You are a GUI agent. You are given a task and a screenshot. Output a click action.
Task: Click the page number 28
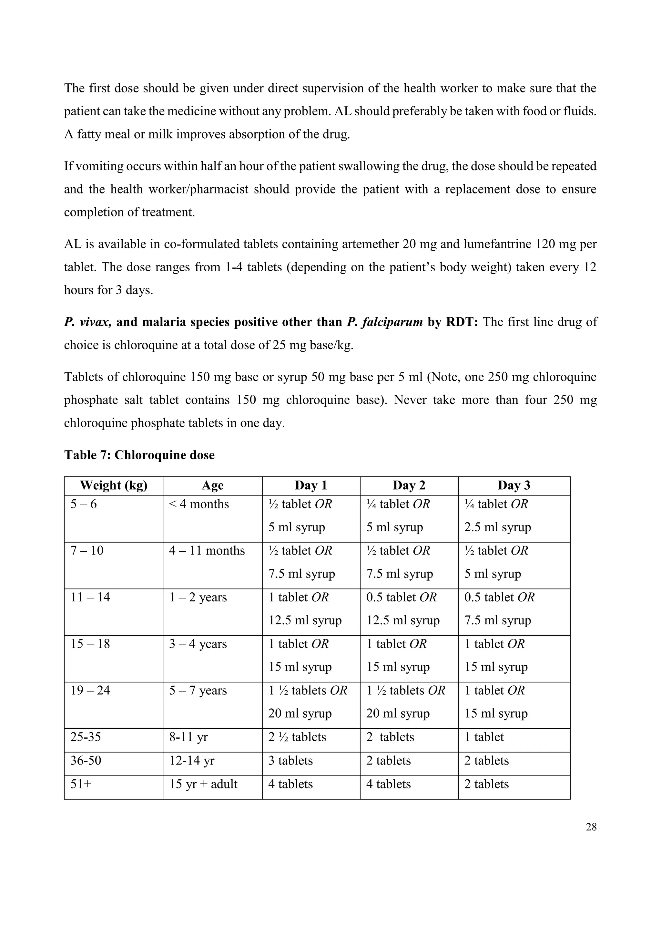pyautogui.click(x=591, y=827)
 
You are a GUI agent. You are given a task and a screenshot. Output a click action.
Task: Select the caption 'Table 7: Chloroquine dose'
pyautogui.click(x=139, y=455)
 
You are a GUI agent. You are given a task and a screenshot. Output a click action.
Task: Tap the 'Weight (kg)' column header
pyautogui.click(x=114, y=485)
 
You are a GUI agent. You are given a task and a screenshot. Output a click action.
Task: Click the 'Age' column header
pyautogui.click(x=213, y=485)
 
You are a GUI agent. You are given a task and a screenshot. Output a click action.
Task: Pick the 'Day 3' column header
pyautogui.click(x=514, y=485)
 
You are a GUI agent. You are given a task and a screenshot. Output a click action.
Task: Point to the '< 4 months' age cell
pyautogui.click(x=199, y=504)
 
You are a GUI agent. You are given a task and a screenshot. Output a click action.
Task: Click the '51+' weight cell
pyautogui.click(x=81, y=784)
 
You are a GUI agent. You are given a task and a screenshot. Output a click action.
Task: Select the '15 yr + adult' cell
pyautogui.click(x=203, y=784)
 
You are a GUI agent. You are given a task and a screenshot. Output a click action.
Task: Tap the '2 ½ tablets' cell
pyautogui.click(x=297, y=737)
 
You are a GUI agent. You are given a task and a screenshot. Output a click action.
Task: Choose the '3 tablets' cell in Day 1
pyautogui.click(x=290, y=761)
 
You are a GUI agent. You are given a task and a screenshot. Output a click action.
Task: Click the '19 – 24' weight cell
pyautogui.click(x=90, y=691)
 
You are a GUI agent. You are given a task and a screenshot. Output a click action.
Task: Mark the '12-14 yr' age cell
pyautogui.click(x=192, y=761)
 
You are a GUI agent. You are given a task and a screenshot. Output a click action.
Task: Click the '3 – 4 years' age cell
pyautogui.click(x=198, y=644)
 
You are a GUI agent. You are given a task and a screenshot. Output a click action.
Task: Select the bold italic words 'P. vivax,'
pyautogui.click(x=87, y=322)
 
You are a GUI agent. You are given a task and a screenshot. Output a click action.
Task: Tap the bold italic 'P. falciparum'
pyautogui.click(x=385, y=322)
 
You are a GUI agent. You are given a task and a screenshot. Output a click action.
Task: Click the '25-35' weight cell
pyautogui.click(x=86, y=737)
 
